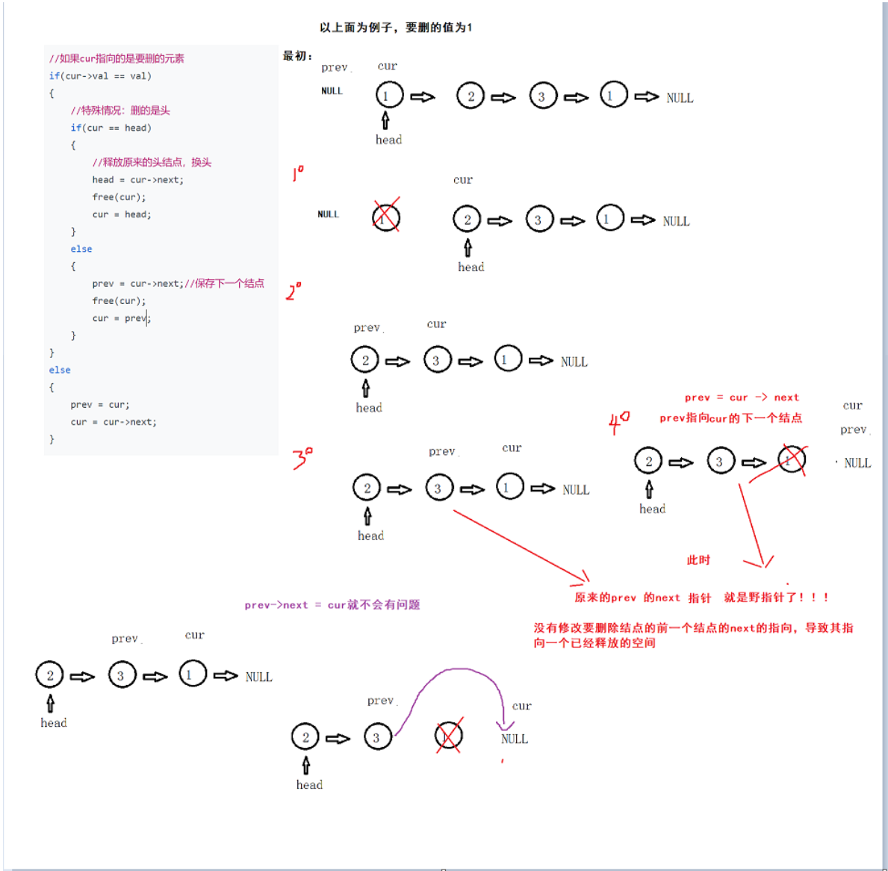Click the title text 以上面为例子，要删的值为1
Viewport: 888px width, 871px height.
pos(396,28)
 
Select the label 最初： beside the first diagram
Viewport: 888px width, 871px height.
pos(297,56)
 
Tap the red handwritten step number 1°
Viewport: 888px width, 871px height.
pos(298,174)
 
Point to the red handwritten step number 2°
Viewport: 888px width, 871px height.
pos(294,291)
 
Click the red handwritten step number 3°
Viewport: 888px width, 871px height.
pos(302,458)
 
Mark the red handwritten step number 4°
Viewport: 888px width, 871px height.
pos(618,422)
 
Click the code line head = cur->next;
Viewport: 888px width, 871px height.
pos(137,180)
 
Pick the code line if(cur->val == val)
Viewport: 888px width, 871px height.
pos(100,76)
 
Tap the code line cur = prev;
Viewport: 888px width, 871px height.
pos(121,318)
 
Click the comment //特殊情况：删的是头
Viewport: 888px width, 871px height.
pos(120,111)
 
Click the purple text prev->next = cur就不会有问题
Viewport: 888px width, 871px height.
pos(332,605)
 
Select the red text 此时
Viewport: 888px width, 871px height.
pos(698,560)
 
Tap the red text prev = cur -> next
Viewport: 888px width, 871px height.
pos(742,397)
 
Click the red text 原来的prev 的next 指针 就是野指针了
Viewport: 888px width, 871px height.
pos(701,598)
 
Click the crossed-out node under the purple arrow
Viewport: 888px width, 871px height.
pos(449,736)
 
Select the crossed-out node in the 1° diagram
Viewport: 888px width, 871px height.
pos(386,217)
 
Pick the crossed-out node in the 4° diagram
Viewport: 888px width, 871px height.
pos(792,460)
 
